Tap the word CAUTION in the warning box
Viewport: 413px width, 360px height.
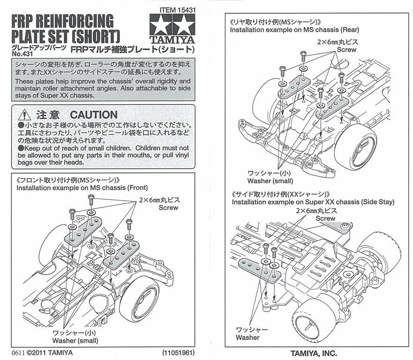[x=93, y=115]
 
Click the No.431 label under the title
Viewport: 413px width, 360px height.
[x=20, y=54]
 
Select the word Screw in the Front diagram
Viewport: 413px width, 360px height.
[x=169, y=207]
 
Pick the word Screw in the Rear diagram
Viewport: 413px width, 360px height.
[x=347, y=49]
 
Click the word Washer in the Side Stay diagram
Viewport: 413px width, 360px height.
[x=248, y=337]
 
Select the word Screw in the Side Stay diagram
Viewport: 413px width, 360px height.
[x=325, y=218]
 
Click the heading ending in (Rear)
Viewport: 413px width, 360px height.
[x=294, y=30]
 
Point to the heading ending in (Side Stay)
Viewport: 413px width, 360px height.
[x=313, y=202]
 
